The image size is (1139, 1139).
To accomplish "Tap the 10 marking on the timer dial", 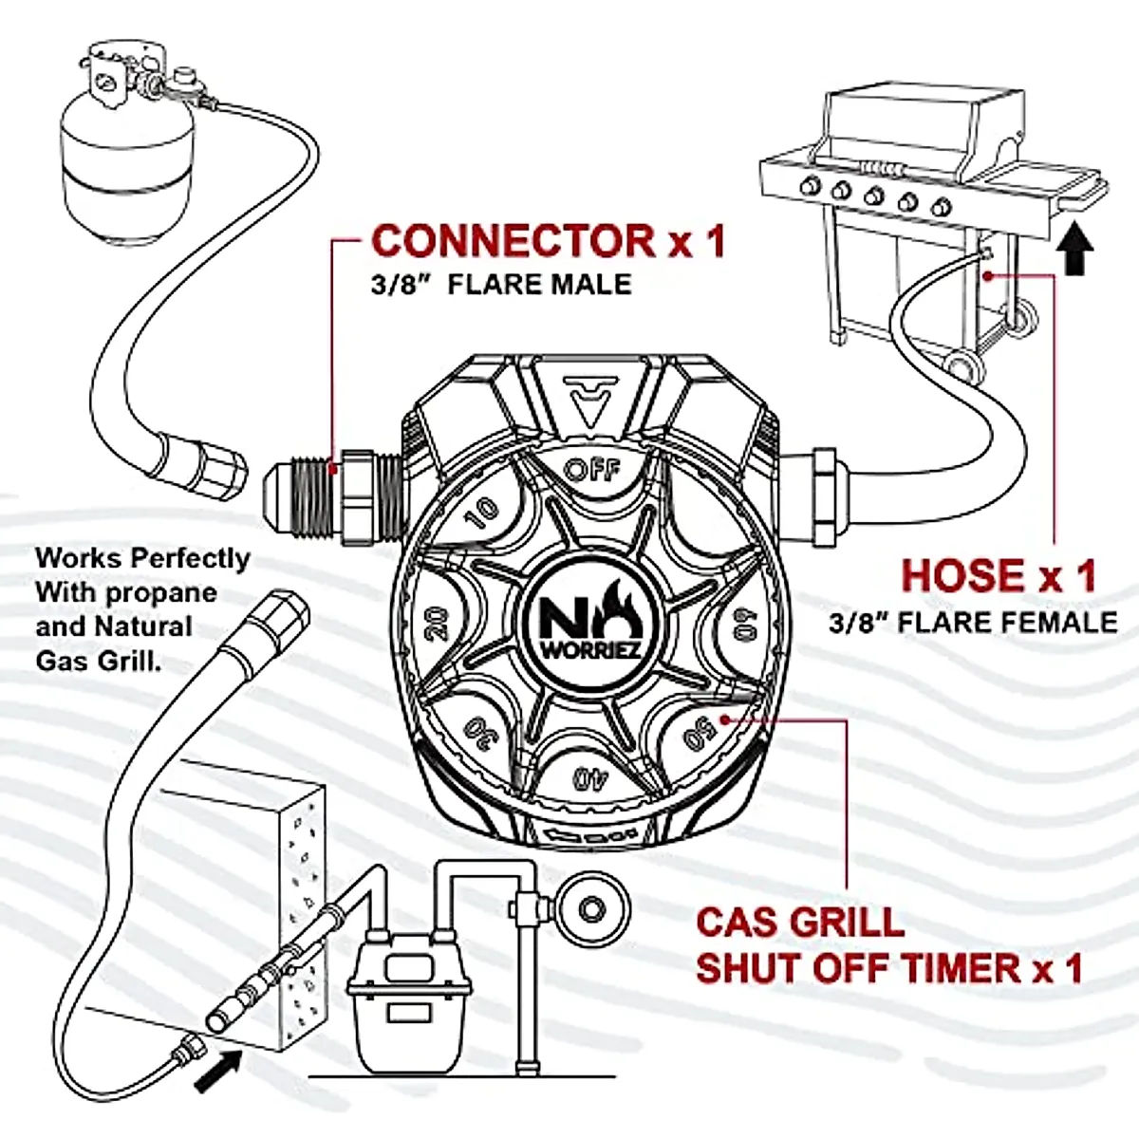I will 485,511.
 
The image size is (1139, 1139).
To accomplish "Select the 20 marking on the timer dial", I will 437,626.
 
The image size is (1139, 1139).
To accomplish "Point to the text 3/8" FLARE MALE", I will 501,285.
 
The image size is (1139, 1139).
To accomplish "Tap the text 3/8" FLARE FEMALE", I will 972,623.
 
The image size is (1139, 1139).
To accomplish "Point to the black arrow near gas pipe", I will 215,1073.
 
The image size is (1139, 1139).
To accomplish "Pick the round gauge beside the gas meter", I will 592,908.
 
